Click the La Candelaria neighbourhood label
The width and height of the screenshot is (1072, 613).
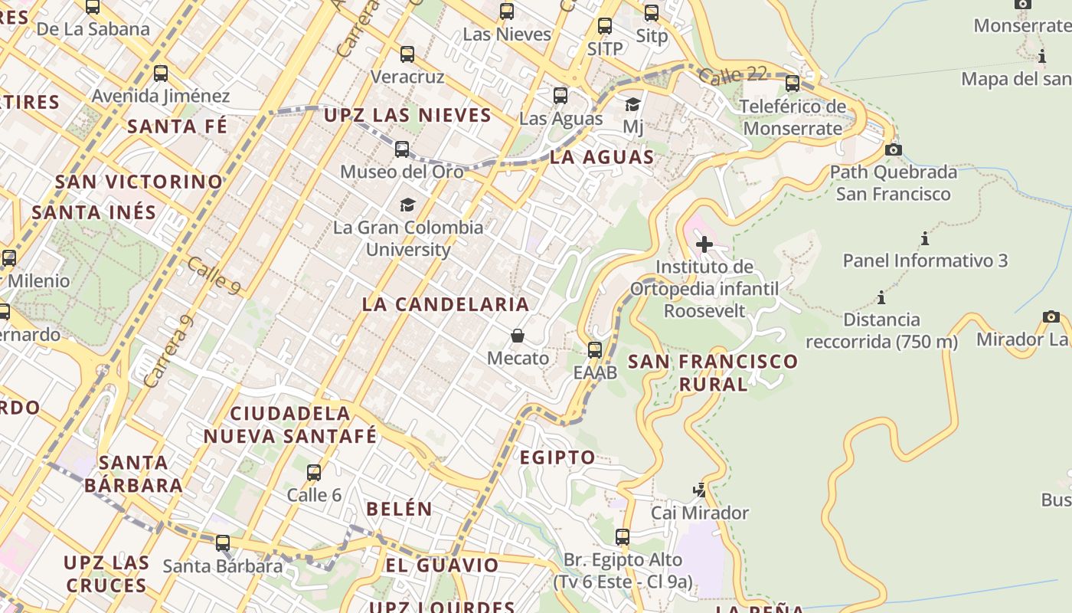pyautogui.click(x=446, y=304)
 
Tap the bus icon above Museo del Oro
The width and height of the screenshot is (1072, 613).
pyautogui.click(x=402, y=149)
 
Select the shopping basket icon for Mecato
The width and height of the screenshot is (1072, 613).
pyautogui.click(x=518, y=336)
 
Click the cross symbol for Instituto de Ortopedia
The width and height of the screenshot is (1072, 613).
pyautogui.click(x=704, y=244)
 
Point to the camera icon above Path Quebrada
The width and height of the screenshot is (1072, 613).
pyautogui.click(x=893, y=149)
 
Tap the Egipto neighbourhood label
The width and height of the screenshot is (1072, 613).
pyautogui.click(x=557, y=457)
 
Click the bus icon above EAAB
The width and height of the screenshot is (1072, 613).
pyautogui.click(x=595, y=350)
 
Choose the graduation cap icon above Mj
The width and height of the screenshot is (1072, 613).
pyautogui.click(x=632, y=104)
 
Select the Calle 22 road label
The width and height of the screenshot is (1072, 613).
pyautogui.click(x=733, y=74)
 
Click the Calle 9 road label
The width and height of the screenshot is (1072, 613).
pyautogui.click(x=214, y=274)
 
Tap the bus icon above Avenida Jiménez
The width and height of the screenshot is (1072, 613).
pyautogui.click(x=161, y=74)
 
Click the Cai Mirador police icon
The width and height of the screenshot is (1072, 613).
pyautogui.click(x=699, y=490)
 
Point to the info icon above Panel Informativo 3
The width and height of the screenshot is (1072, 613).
pyautogui.click(x=925, y=238)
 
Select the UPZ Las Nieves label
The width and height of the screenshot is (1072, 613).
pyautogui.click(x=407, y=116)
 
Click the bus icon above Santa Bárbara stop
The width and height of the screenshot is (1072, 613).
pyautogui.click(x=222, y=543)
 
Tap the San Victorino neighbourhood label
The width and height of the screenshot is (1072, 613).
pyautogui.click(x=139, y=182)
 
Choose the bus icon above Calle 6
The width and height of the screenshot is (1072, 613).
pyautogui.click(x=314, y=473)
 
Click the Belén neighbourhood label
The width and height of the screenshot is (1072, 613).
pyautogui.click(x=399, y=509)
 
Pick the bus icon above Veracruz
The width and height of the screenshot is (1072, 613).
pyautogui.click(x=407, y=54)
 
